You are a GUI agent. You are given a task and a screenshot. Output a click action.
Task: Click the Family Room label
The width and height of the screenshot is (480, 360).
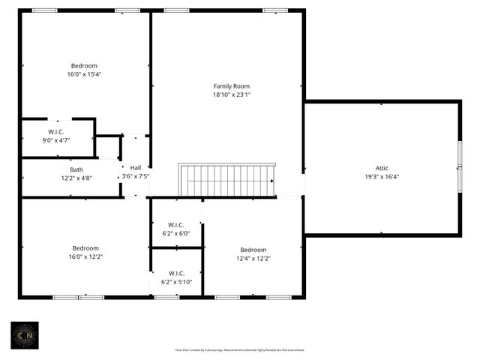tap(231, 86)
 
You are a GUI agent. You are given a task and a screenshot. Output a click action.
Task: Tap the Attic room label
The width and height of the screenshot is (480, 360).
tap(382, 168)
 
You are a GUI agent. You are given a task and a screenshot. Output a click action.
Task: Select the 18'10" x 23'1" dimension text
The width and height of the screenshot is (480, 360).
tap(231, 95)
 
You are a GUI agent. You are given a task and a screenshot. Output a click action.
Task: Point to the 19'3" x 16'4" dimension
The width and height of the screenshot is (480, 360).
tap(382, 177)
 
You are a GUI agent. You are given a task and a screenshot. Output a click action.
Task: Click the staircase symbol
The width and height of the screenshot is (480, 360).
tap(227, 181)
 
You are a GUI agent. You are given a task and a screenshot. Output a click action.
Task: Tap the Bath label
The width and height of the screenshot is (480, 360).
tap(76, 169)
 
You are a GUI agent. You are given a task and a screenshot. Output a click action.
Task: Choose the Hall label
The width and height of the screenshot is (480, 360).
tap(135, 167)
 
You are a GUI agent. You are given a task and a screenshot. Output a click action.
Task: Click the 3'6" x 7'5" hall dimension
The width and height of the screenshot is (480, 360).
tap(136, 176)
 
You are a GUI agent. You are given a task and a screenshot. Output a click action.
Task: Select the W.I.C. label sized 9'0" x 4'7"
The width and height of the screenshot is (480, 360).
tap(56, 132)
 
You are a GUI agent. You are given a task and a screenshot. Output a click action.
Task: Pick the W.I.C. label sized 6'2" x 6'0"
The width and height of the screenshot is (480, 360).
tap(176, 224)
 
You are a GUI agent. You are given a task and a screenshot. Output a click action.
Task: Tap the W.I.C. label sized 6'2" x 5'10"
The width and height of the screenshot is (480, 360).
tap(176, 273)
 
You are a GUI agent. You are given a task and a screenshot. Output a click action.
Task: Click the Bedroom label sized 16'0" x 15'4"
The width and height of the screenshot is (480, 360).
tap(84, 66)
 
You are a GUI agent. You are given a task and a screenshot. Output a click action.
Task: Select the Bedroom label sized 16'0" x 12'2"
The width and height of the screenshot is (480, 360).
tap(85, 248)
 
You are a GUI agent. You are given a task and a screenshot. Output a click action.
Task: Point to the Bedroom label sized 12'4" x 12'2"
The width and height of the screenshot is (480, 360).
tap(253, 250)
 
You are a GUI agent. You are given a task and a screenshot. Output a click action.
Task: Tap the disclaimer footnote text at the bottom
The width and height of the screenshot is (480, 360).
tap(239, 349)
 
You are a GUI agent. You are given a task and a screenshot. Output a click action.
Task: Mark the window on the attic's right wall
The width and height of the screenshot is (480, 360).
tap(460, 167)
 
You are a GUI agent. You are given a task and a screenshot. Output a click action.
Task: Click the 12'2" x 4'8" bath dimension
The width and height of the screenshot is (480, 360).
tap(76, 178)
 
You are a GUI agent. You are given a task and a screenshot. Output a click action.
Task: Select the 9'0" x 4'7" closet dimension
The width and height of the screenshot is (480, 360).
tap(56, 140)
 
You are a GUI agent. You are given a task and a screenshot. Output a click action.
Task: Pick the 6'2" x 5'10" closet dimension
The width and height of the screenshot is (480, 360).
tap(176, 282)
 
